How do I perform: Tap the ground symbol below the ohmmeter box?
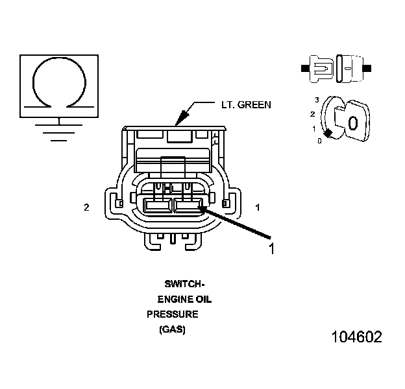tap(59, 130)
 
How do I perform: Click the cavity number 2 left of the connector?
tap(86, 207)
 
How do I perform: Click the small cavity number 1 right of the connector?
tap(258, 207)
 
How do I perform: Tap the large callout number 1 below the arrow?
tap(272, 248)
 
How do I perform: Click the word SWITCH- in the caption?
tap(184, 284)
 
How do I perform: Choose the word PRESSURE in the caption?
tap(172, 314)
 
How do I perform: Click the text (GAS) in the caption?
tap(172, 329)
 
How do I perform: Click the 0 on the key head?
tap(352, 123)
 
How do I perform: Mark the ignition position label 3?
tap(317, 99)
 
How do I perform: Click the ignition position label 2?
tap(313, 114)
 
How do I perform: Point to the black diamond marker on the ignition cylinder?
tap(329, 133)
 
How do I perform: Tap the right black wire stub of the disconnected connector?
tap(367, 67)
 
